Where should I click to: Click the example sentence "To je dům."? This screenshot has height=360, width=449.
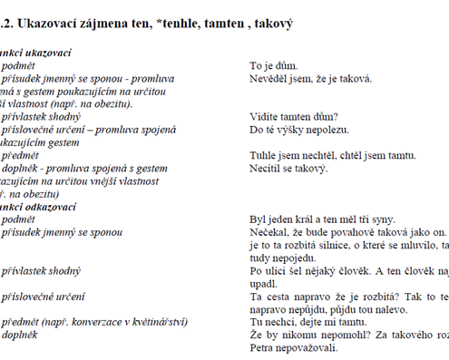(275, 66)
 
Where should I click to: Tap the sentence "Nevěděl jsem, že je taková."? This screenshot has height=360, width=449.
(310, 79)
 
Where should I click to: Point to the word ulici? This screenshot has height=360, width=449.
(276, 270)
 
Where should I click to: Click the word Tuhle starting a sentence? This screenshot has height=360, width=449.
(264, 155)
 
